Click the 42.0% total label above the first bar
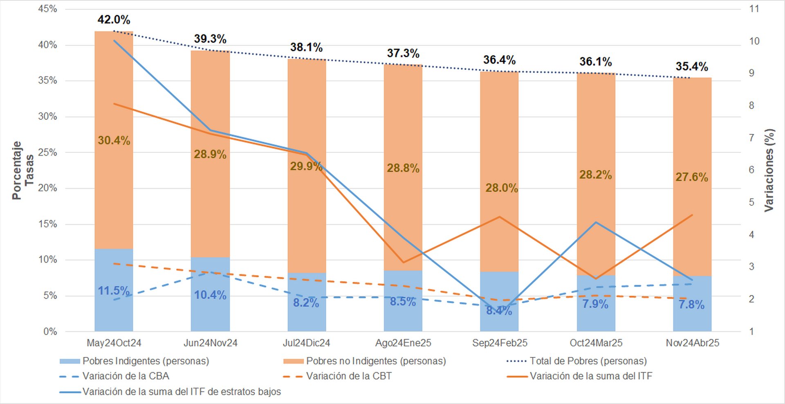pyautogui.click(x=114, y=20)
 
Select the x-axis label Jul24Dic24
pyautogui.click(x=306, y=343)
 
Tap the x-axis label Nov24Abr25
pyautogui.click(x=692, y=343)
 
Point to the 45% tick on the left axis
pyautogui.click(x=47, y=9)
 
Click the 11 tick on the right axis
pyautogui.click(x=754, y=9)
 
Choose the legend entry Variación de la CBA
pyautogui.click(x=126, y=376)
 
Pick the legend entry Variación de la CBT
pyautogui.click(x=349, y=376)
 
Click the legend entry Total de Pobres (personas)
pyautogui.click(x=588, y=361)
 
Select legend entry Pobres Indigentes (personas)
pyautogui.click(x=146, y=361)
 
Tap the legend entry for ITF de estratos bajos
pyautogui.click(x=182, y=392)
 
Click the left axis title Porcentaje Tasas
pyautogui.click(x=22, y=170)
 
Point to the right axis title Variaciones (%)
pyautogui.click(x=769, y=170)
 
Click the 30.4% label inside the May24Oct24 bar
pyautogui.click(x=114, y=141)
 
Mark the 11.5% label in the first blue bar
pyautogui.click(x=114, y=291)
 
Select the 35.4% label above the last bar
pyautogui.click(x=692, y=67)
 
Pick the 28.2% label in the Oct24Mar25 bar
pyautogui.click(x=595, y=175)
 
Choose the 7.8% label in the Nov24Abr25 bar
pyautogui.click(x=692, y=305)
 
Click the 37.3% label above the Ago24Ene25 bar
pyautogui.click(x=403, y=53)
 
